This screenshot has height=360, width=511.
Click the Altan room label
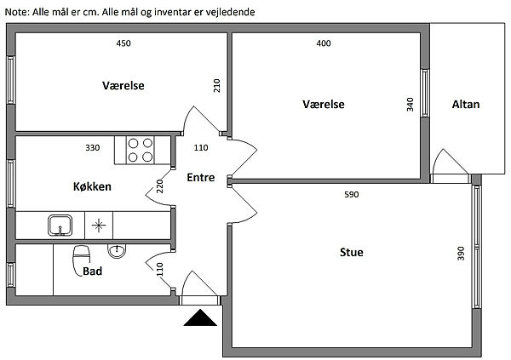[x=466, y=105]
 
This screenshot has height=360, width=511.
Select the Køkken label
[x=91, y=186]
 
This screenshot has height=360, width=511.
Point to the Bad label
[x=93, y=272]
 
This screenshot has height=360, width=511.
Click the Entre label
[x=200, y=178]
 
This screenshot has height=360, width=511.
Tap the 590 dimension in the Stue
[x=351, y=195]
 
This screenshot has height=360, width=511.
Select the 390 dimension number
[x=462, y=254]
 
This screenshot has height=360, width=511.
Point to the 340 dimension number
[x=411, y=105]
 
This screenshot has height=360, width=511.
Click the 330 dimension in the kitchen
[x=93, y=148]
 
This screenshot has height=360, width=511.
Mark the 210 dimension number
[x=218, y=86]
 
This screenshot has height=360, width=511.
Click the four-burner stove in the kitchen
[x=140, y=150]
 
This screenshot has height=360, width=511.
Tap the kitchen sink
[x=60, y=226]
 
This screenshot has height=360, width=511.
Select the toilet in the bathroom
[x=83, y=254]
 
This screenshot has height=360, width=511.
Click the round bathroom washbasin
[x=116, y=250]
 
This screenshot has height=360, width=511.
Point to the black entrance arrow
[x=199, y=318]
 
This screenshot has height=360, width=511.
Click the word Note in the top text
[x=15, y=13]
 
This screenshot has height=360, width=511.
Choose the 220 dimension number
[x=159, y=186]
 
